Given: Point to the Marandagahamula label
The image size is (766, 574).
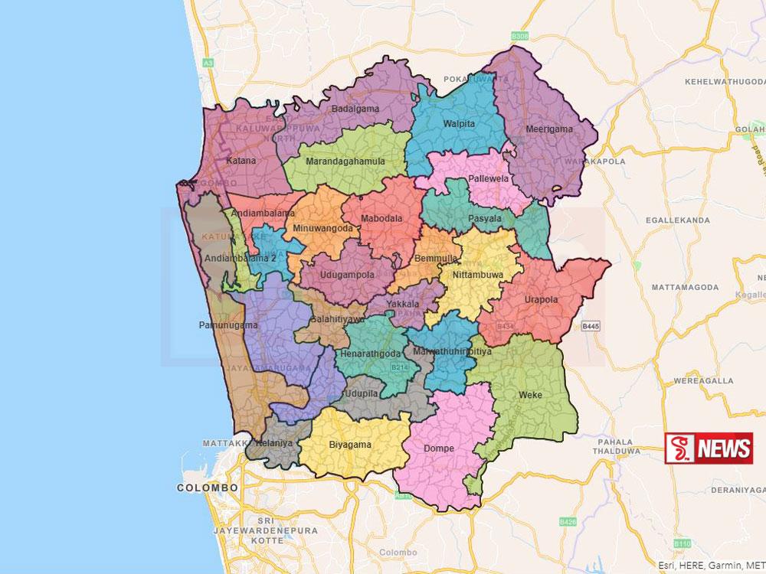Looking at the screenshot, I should pos(345,161).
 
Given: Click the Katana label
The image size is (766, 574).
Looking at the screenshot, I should pos(241,161).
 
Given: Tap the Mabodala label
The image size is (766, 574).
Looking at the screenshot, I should pos(383,218).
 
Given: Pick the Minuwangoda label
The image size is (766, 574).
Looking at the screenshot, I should pos(322,228).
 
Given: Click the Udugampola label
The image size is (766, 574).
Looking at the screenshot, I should pos(347,274).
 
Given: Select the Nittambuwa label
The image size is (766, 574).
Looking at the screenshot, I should pos(477,272).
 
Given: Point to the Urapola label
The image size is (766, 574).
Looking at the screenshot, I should pos(541,299).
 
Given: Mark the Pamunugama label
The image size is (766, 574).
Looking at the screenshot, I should pos(221,326).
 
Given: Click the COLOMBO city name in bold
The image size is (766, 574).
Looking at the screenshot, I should pos(208,488).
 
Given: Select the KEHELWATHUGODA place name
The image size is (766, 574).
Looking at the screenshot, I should pos(709,80).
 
